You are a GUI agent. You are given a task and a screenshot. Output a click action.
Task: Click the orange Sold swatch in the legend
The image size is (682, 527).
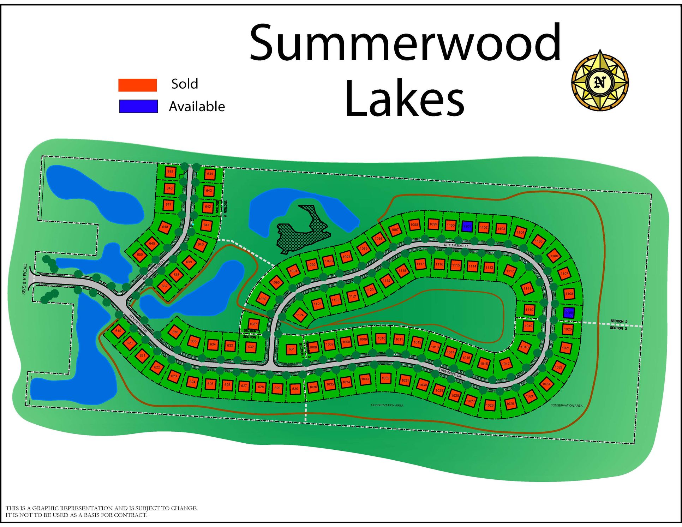coord(137,85)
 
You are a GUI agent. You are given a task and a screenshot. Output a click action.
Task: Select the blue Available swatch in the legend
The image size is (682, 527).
coord(138,106)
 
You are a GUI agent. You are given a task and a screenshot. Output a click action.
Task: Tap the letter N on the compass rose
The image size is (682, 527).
coord(600,82)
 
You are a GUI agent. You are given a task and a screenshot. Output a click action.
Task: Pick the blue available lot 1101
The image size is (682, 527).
coord(467,226)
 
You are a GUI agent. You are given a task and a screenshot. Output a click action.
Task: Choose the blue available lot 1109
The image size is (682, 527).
coord(568,313)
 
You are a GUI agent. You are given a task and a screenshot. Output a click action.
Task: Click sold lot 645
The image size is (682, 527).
coord(170,172)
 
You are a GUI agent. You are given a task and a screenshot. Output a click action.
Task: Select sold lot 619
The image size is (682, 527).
coord(118,331)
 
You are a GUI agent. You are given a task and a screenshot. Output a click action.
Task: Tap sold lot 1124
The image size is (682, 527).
coord(300,315)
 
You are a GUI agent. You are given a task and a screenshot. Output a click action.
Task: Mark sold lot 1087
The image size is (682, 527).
coord(253,324)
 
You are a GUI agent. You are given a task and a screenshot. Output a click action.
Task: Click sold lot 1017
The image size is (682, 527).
coord(505,364)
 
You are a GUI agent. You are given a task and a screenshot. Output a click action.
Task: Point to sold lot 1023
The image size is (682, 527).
coord(546,384)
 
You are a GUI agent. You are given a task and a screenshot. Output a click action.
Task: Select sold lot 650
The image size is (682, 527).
coord(140,254)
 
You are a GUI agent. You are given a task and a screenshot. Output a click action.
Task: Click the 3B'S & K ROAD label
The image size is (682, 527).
coord(24,279)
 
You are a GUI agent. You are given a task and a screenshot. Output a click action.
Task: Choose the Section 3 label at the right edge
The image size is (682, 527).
coord(618,328)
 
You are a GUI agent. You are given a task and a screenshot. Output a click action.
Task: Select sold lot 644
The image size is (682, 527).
coord(210,174)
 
